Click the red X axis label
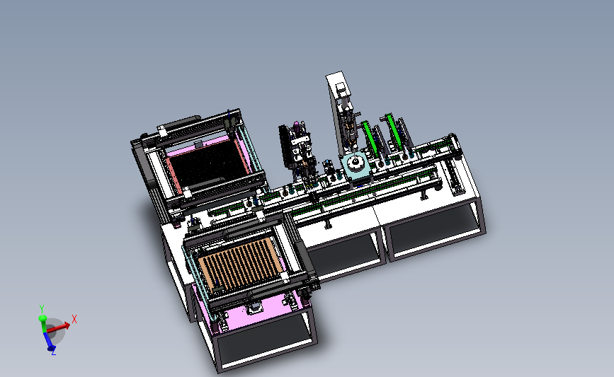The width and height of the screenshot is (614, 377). [74, 319]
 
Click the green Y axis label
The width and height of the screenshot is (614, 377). [42, 309]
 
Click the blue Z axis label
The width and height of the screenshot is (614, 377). [54, 352]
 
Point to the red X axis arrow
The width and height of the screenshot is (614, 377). [58, 327]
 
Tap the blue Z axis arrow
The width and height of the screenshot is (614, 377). [47, 340]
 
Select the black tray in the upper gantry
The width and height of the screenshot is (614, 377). [208, 164]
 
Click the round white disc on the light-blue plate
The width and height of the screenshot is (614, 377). [356, 162]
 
